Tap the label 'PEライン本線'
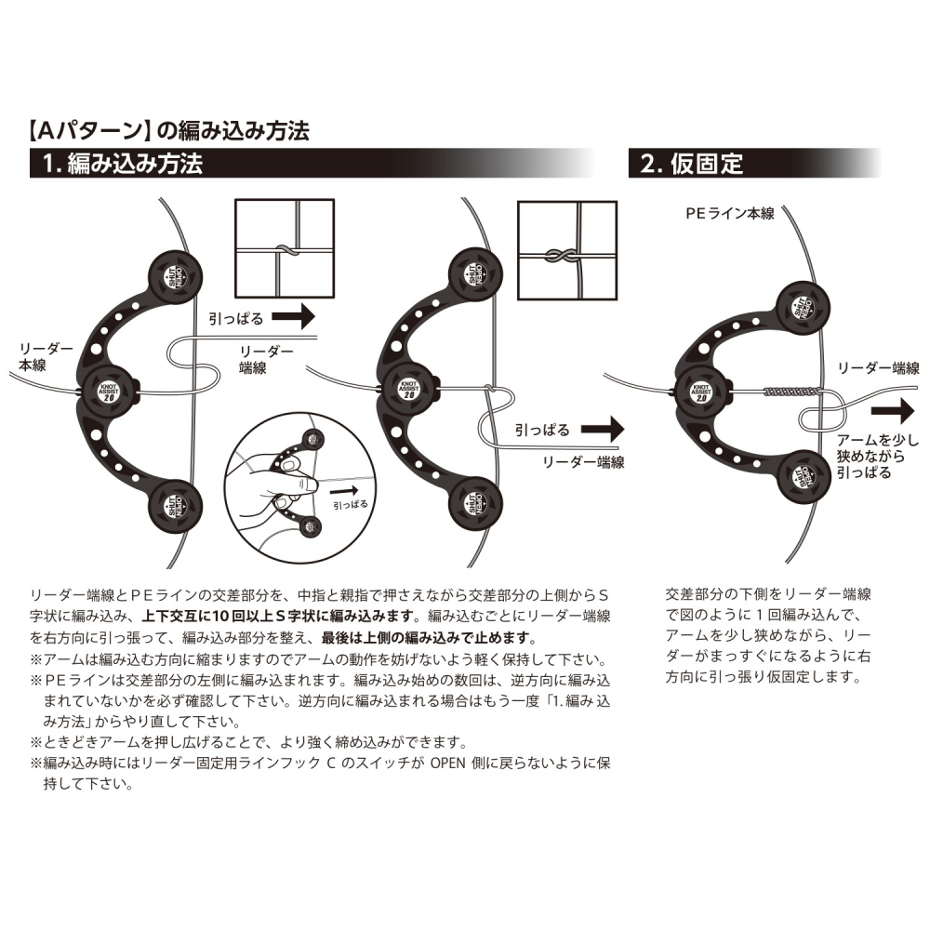(729, 213)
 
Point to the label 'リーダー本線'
(38, 358)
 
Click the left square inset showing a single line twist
(281, 249)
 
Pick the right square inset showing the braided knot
(566, 249)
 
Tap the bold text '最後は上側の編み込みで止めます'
(428, 638)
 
